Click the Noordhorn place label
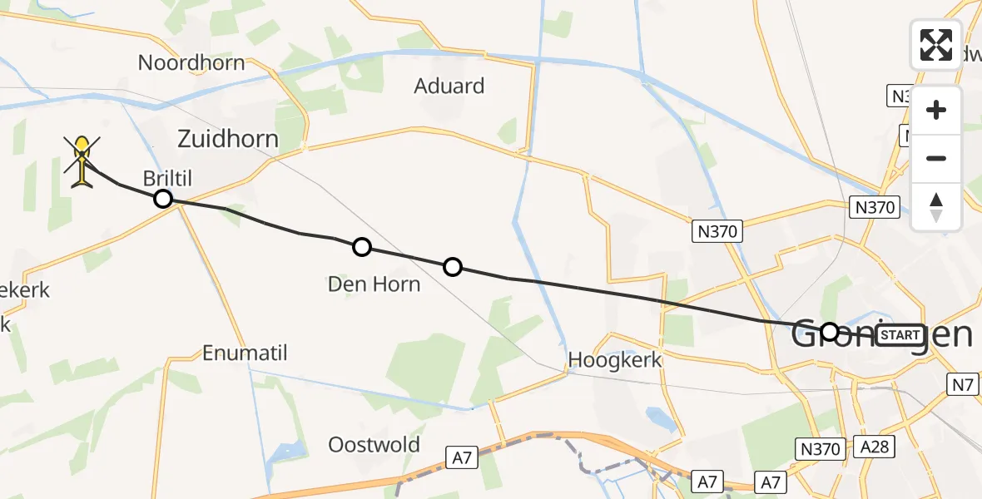[x=191, y=62]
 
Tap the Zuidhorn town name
[x=228, y=138]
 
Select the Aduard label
[x=449, y=86]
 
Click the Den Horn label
[x=374, y=284]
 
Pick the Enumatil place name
[x=245, y=353]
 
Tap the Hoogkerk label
[x=615, y=360]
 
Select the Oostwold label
[x=374, y=444]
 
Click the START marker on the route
[x=900, y=335]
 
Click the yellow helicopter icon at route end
[x=82, y=160]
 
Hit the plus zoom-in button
[x=936, y=110]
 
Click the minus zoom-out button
[x=936, y=159]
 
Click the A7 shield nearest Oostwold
[x=463, y=457]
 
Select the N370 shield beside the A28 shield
[x=821, y=447]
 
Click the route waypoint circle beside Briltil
[x=163, y=199]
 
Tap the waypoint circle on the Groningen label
[x=829, y=332]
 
